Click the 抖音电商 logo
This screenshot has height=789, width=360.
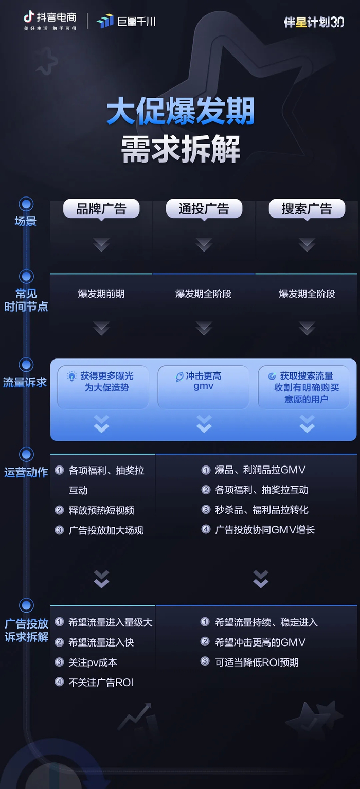click(50, 21)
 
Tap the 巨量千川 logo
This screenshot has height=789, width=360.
click(126, 21)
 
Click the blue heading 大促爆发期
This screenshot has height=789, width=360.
click(181, 112)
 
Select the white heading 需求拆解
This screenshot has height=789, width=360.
click(181, 149)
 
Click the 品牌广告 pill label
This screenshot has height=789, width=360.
click(101, 209)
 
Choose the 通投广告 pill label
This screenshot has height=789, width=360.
click(204, 209)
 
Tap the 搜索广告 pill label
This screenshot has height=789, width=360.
click(307, 209)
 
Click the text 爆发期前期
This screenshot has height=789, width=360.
click(101, 294)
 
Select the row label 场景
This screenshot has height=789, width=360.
click(26, 222)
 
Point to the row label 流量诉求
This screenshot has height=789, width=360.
click(25, 383)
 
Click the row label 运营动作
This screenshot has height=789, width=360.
click(26, 472)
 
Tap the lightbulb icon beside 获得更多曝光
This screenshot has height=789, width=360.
click(72, 376)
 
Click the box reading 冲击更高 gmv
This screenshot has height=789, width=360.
click(204, 381)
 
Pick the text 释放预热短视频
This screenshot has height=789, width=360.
click(101, 510)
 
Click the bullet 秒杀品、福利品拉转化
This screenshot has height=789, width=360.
click(261, 509)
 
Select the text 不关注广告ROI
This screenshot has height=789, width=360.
click(101, 683)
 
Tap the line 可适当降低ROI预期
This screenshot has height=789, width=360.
click(256, 662)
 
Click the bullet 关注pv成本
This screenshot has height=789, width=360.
click(93, 662)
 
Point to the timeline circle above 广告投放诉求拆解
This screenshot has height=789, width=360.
click(26, 605)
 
